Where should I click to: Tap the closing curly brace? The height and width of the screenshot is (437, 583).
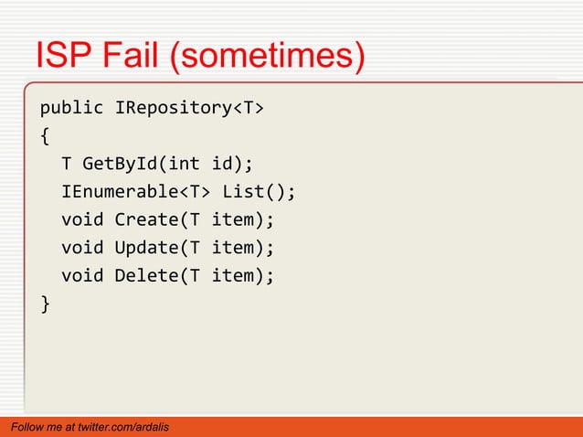pos(45,303)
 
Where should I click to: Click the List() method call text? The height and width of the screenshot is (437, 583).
pos(260,193)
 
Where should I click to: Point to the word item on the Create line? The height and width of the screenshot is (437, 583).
pos(239,220)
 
